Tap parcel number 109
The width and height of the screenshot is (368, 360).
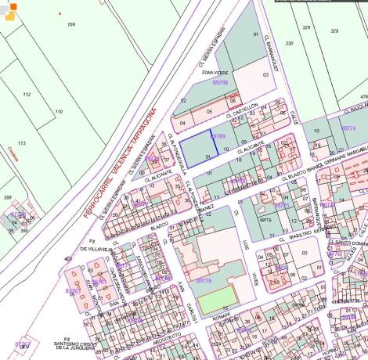point(71,25)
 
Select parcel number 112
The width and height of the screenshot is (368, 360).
point(27,95)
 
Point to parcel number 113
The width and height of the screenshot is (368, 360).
point(21,143)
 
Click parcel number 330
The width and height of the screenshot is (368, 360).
point(289,43)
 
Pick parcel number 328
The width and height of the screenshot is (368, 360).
point(334,31)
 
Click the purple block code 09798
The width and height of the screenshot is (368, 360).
point(219,82)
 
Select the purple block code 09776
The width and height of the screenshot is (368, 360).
point(204,279)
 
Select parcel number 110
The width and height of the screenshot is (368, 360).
point(58,112)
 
